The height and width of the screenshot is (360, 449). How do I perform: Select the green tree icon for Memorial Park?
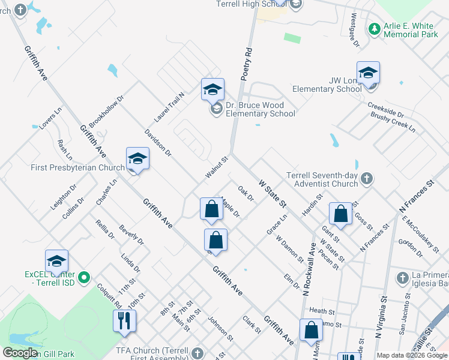pos(374,28)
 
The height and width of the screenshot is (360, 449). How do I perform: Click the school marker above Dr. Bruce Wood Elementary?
pos(212,89)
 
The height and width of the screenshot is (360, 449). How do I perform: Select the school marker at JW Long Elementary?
pos(368,73)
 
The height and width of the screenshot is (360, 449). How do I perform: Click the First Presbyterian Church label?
pos(78,168)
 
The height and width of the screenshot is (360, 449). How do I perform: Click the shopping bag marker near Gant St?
pos(340,214)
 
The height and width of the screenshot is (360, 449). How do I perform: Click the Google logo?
pos(20,353)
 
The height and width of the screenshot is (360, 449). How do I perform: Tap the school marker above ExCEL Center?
pos(56,261)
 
